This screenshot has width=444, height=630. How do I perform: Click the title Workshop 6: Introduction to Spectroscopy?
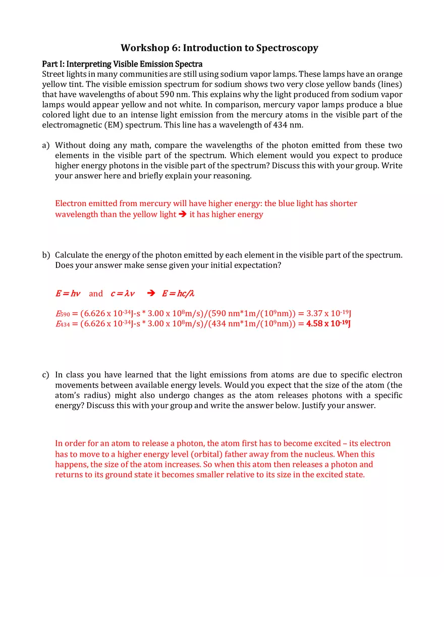[219, 48]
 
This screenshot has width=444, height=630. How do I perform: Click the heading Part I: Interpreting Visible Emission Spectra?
[122, 64]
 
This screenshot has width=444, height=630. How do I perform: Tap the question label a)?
[46, 146]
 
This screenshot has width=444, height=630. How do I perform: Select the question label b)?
[46, 255]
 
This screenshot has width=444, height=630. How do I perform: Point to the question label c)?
[46, 375]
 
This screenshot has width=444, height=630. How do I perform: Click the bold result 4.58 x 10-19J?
[328, 324]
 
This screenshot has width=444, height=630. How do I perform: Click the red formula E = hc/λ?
[178, 294]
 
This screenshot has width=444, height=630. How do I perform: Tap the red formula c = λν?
[123, 294]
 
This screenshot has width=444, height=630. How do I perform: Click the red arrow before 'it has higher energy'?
[183, 214]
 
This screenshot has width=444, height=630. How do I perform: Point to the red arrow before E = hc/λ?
[150, 294]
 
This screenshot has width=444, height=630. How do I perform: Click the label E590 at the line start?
[63, 314]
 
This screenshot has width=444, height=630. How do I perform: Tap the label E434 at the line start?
[63, 324]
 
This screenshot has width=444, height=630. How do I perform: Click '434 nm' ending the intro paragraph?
[287, 125]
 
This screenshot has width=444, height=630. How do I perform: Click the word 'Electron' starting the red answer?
[71, 204]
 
